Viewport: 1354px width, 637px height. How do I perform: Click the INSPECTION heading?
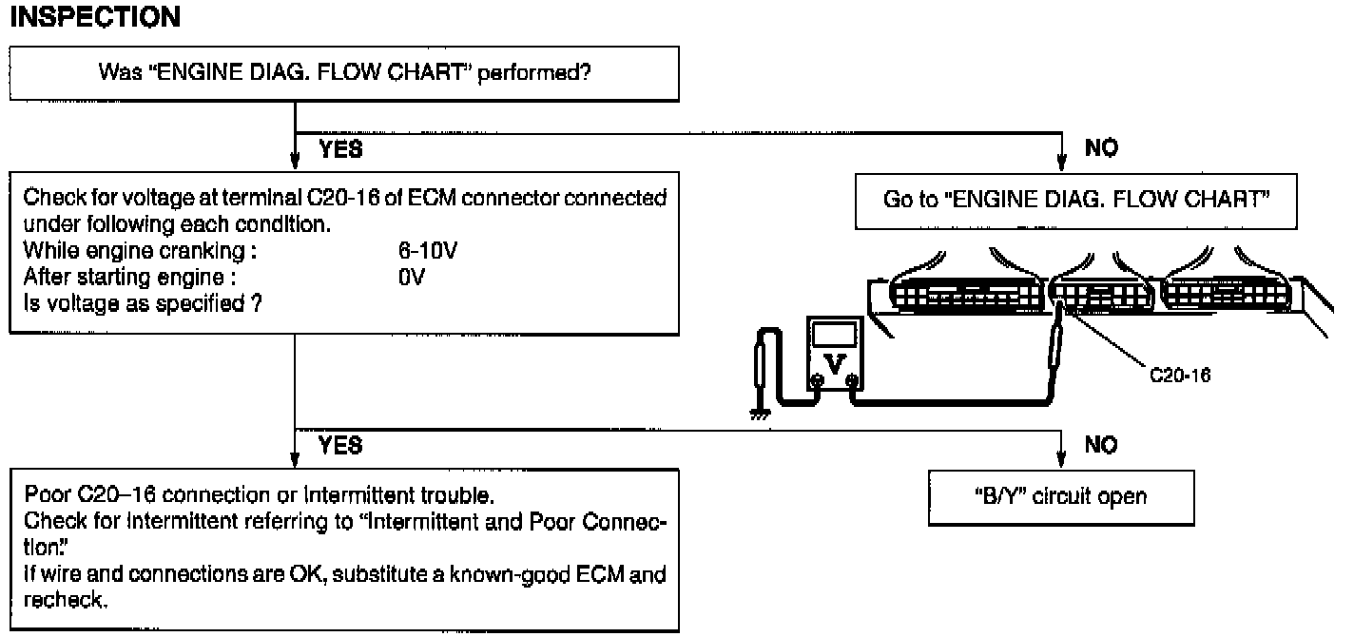coord(95,16)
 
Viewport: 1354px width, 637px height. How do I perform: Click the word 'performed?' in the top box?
coord(534,73)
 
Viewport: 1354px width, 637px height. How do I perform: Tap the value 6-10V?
coord(428,250)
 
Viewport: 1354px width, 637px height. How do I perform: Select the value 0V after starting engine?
coord(412,277)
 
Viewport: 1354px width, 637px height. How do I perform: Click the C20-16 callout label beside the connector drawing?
coord(1180,376)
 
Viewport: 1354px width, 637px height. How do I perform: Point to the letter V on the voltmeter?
coord(835,364)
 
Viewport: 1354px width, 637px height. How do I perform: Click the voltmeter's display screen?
coord(835,335)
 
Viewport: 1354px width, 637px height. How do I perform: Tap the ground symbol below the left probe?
coord(760,414)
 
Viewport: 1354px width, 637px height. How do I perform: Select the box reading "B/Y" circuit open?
coord(1061,497)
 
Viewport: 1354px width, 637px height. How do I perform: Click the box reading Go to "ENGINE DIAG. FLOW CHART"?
coord(1076,201)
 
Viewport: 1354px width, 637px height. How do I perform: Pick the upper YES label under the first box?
coord(340,148)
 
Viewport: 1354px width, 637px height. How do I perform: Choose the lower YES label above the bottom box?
coord(340,445)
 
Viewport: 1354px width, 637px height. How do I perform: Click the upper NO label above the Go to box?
coord(1101,147)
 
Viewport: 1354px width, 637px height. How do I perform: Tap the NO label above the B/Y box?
coord(1101,445)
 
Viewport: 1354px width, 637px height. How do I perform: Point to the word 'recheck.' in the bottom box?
coord(66,600)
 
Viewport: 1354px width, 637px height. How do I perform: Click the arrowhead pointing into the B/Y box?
coord(1060,459)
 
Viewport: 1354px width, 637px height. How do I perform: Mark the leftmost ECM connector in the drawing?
coord(966,295)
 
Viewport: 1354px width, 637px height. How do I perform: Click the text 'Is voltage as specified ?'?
coord(143,303)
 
